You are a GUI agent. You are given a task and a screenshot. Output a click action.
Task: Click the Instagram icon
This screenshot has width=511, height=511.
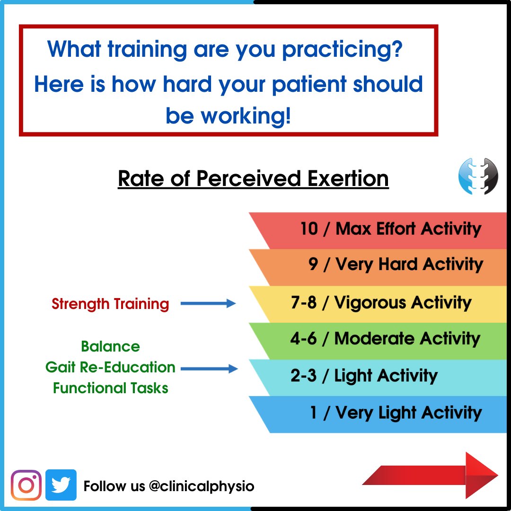[26, 485]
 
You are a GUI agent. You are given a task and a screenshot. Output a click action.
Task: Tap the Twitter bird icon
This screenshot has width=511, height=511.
[61, 485]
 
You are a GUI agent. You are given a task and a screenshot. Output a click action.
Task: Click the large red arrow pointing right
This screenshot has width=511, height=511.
[431, 475]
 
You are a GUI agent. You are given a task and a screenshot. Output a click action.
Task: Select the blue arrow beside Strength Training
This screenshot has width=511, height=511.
[208, 304]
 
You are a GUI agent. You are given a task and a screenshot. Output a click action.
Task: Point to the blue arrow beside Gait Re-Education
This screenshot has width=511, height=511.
[209, 368]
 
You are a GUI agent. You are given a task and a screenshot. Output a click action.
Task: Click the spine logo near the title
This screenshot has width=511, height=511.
[478, 176]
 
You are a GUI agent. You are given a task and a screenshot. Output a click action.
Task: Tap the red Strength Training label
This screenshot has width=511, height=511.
[110, 304]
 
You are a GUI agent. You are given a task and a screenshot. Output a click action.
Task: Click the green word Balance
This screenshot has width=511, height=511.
[110, 346]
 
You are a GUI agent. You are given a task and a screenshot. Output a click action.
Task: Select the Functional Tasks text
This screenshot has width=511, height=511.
[110, 388]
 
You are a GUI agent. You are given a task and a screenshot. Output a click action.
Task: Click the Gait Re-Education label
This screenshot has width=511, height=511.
[110, 367]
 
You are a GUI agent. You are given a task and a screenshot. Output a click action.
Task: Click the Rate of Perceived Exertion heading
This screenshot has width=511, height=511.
[253, 179]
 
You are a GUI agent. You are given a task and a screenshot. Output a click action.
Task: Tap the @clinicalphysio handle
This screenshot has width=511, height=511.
[201, 486]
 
